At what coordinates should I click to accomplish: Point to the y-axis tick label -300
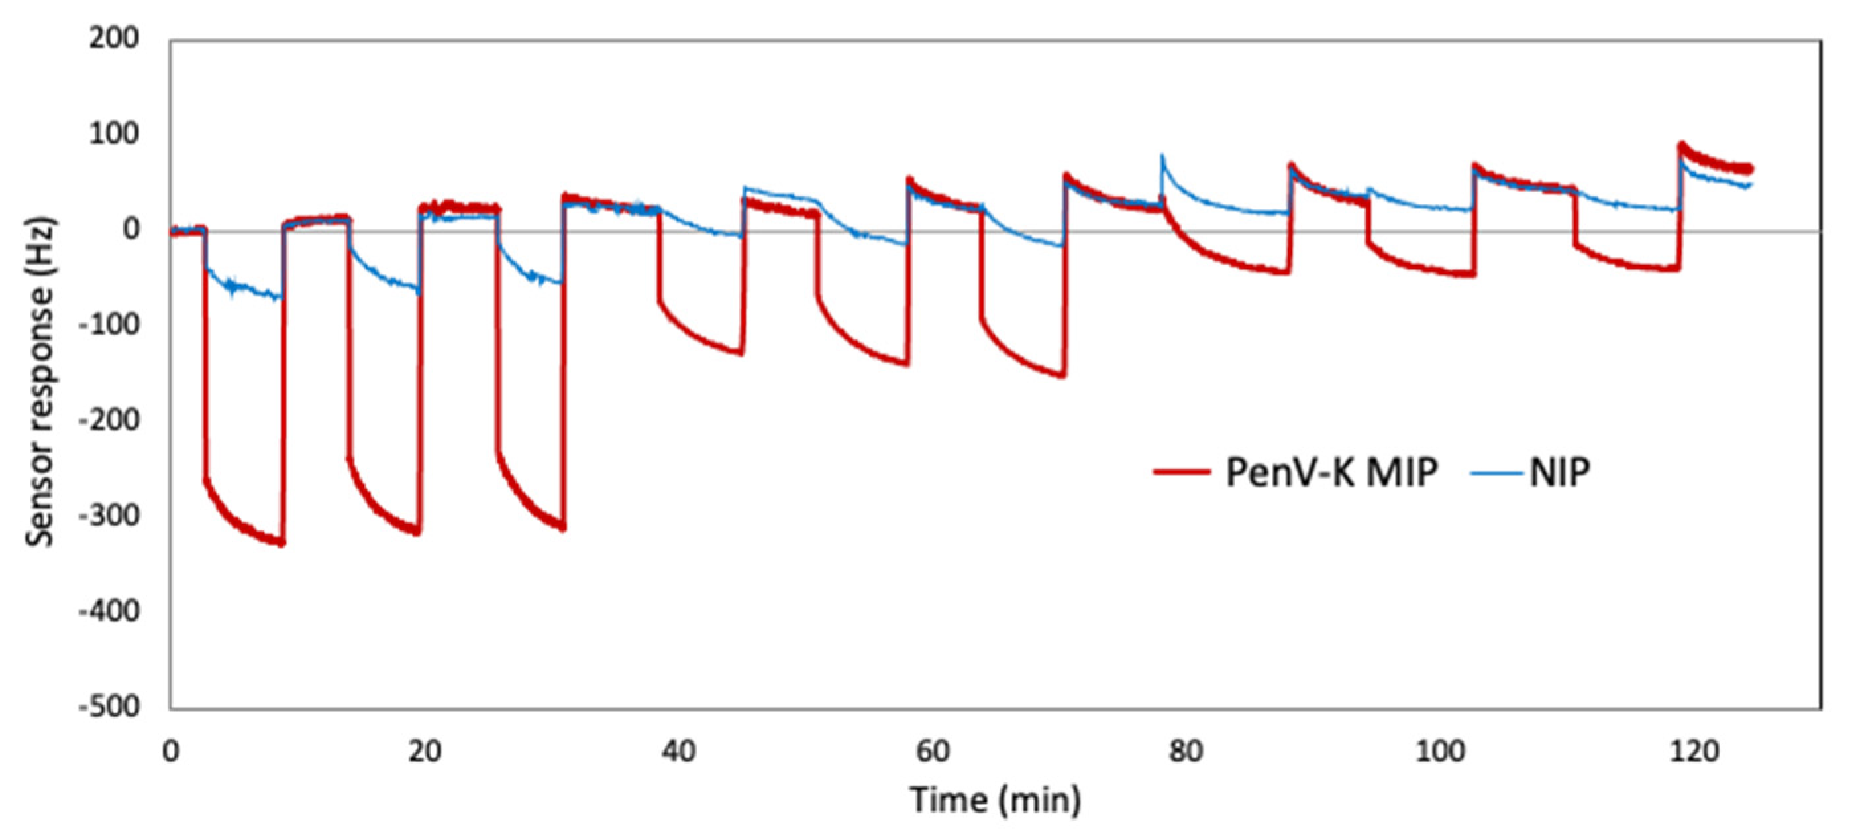click(109, 516)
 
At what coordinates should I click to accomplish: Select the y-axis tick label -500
click(109, 707)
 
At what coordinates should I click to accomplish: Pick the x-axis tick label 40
click(678, 752)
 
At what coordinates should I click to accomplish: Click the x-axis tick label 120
click(1693, 752)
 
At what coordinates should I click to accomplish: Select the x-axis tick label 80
click(1186, 752)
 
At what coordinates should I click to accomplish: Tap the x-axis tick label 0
click(170, 752)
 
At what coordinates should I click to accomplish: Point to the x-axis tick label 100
click(1439, 752)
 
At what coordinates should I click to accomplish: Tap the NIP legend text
click(1559, 473)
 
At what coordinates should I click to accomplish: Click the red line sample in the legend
click(1181, 473)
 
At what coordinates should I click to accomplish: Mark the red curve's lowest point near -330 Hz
click(281, 544)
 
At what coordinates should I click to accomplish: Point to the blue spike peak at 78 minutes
click(1162, 155)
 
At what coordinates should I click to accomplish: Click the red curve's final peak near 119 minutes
click(1681, 145)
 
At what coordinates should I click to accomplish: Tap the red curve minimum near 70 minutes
click(1062, 375)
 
